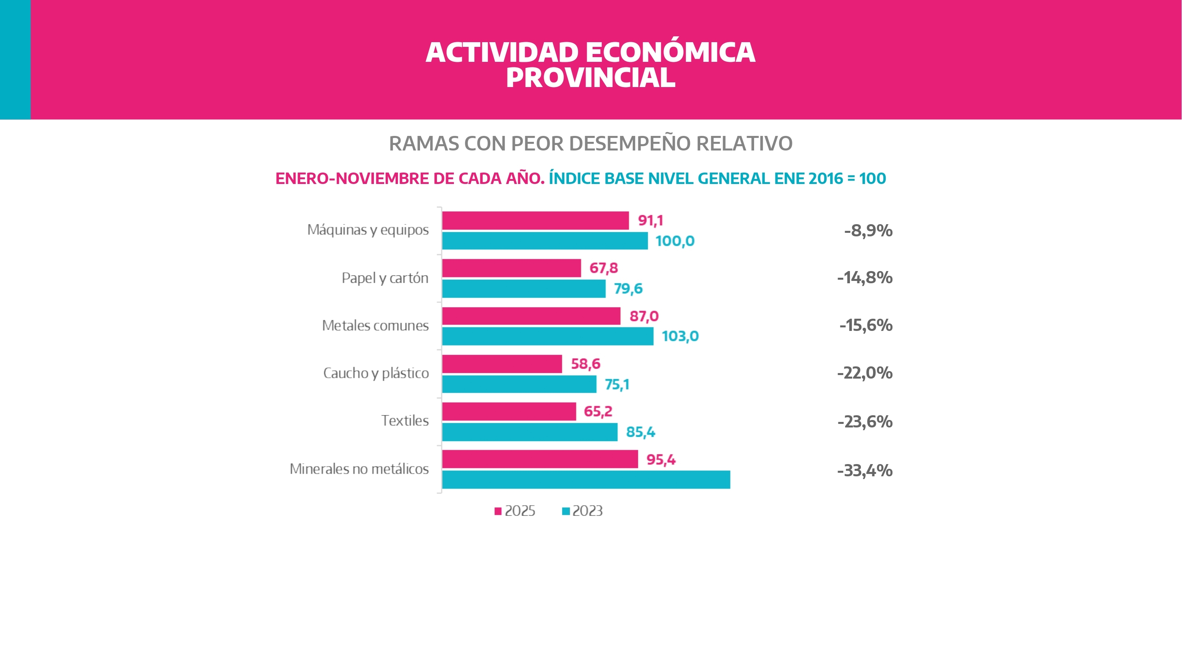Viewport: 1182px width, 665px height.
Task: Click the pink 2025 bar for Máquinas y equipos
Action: tap(535, 220)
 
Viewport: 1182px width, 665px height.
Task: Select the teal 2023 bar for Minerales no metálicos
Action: tap(586, 479)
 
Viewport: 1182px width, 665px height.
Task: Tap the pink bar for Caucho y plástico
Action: tap(502, 364)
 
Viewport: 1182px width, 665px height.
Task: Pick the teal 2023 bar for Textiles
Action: tap(530, 432)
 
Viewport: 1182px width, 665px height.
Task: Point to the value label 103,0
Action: tap(680, 336)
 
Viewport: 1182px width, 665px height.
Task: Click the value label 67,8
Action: tap(603, 268)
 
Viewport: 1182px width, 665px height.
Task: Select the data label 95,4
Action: tap(661, 459)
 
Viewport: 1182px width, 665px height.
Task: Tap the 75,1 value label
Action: tap(617, 384)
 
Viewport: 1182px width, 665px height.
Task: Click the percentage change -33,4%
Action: tap(864, 470)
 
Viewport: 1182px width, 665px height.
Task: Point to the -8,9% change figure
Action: tap(868, 230)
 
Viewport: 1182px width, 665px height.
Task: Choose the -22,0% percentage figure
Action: tap(864, 373)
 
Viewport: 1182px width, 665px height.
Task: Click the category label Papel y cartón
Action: tap(385, 278)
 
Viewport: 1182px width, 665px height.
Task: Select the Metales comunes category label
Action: tap(375, 325)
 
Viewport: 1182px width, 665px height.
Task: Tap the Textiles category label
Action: tap(405, 421)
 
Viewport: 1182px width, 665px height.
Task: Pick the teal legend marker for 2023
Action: tap(566, 511)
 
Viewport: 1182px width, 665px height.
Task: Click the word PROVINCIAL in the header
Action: tap(591, 78)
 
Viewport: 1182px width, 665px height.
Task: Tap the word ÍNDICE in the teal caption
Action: tap(574, 178)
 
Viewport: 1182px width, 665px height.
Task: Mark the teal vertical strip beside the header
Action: tap(15, 59)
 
